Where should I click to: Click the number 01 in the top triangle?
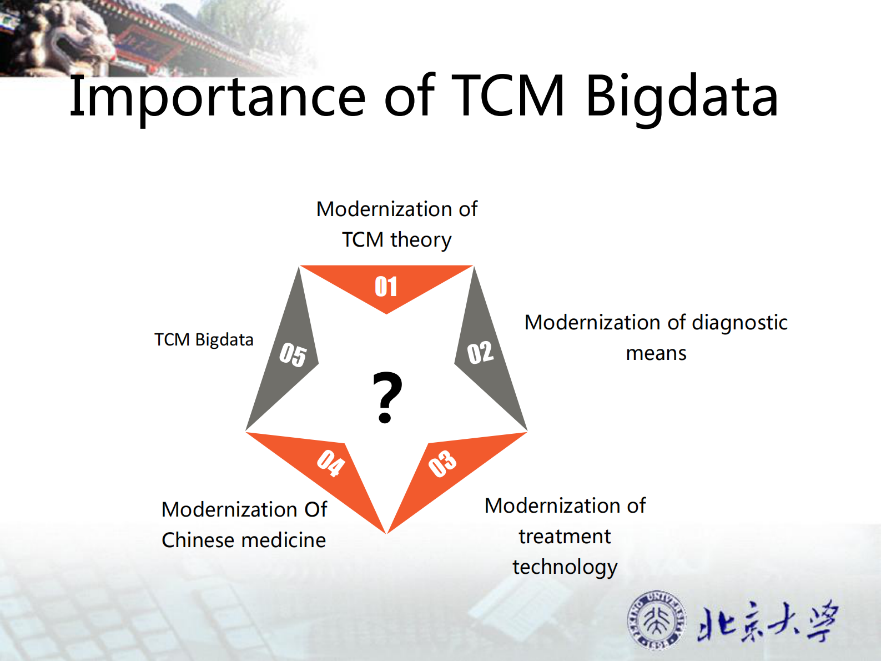click(386, 287)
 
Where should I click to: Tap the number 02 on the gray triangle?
click(480, 353)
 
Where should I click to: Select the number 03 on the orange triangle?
click(442, 463)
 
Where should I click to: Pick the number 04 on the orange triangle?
click(331, 462)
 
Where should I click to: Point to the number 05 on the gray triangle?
click(293, 354)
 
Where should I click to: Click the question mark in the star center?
click(387, 398)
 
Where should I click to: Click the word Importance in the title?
click(217, 97)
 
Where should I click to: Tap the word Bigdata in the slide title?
click(682, 97)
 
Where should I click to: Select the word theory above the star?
click(421, 240)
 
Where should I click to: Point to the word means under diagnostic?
click(656, 353)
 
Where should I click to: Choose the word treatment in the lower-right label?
click(565, 537)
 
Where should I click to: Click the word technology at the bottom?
click(565, 567)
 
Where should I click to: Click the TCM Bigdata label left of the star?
click(204, 339)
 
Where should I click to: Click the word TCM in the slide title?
click(508, 97)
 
